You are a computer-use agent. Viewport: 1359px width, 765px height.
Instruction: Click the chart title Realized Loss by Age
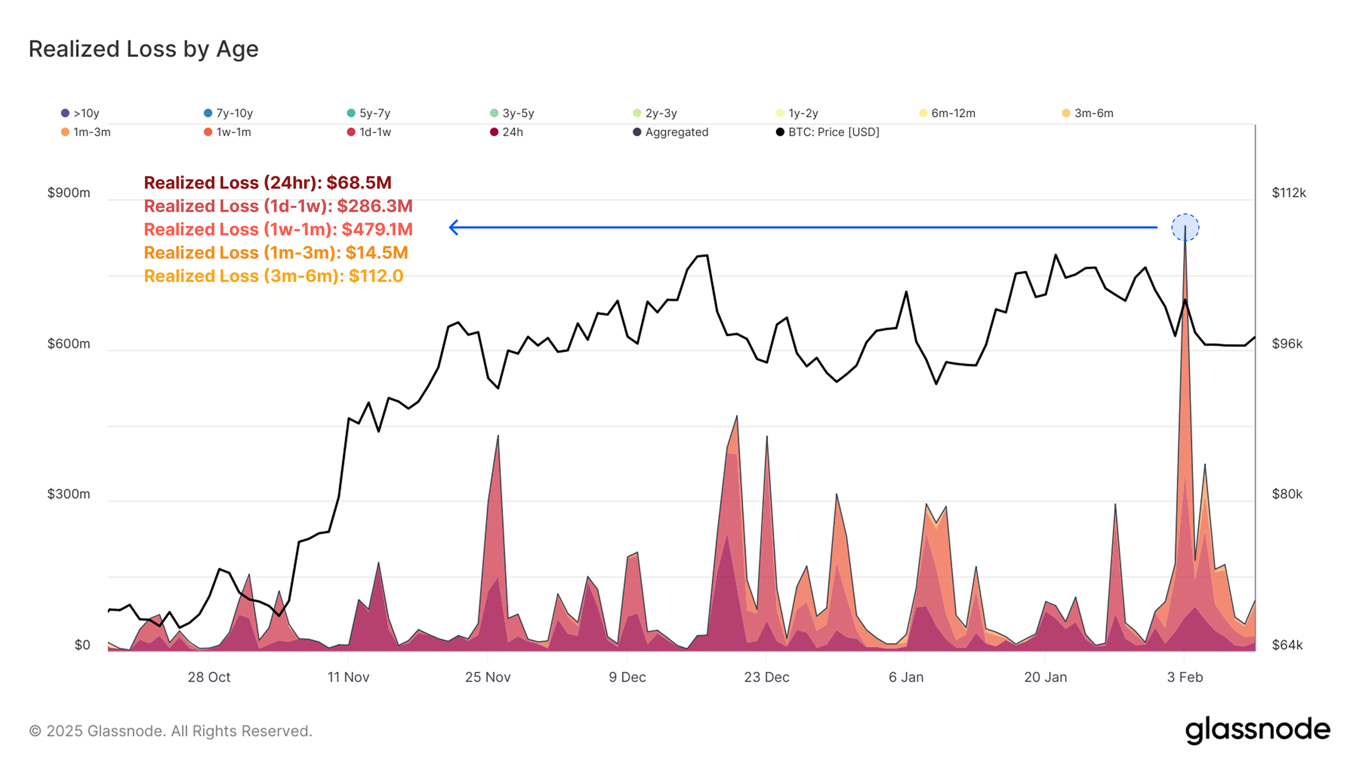pos(143,49)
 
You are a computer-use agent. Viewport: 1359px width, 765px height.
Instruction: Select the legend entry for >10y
pos(80,113)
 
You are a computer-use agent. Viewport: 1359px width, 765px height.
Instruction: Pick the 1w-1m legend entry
pos(228,132)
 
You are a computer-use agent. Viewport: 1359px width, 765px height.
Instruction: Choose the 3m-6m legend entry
pos(1088,113)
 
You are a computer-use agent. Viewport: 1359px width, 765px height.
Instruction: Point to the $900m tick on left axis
pos(69,193)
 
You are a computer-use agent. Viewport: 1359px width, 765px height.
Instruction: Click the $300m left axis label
pos(69,494)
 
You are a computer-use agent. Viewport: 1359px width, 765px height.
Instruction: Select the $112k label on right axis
pos(1289,193)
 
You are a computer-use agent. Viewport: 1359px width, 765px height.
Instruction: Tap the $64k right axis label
pos(1287,645)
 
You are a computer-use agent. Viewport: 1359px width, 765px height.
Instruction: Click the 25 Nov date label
pos(488,677)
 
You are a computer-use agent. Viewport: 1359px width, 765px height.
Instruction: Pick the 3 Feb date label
pos(1185,677)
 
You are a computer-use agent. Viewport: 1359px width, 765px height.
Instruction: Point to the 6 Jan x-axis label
pos(905,677)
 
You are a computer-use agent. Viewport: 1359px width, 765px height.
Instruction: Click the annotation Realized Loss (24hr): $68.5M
pos(267,183)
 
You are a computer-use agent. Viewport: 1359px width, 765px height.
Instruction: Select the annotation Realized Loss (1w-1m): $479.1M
pos(278,229)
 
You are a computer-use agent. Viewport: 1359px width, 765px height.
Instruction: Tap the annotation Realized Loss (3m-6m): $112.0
pos(273,276)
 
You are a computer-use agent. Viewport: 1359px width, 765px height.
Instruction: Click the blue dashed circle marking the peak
pos(1185,228)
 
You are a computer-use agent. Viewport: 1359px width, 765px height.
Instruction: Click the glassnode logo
pos(1257,730)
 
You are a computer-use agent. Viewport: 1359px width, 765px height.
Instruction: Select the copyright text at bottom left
pos(170,731)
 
